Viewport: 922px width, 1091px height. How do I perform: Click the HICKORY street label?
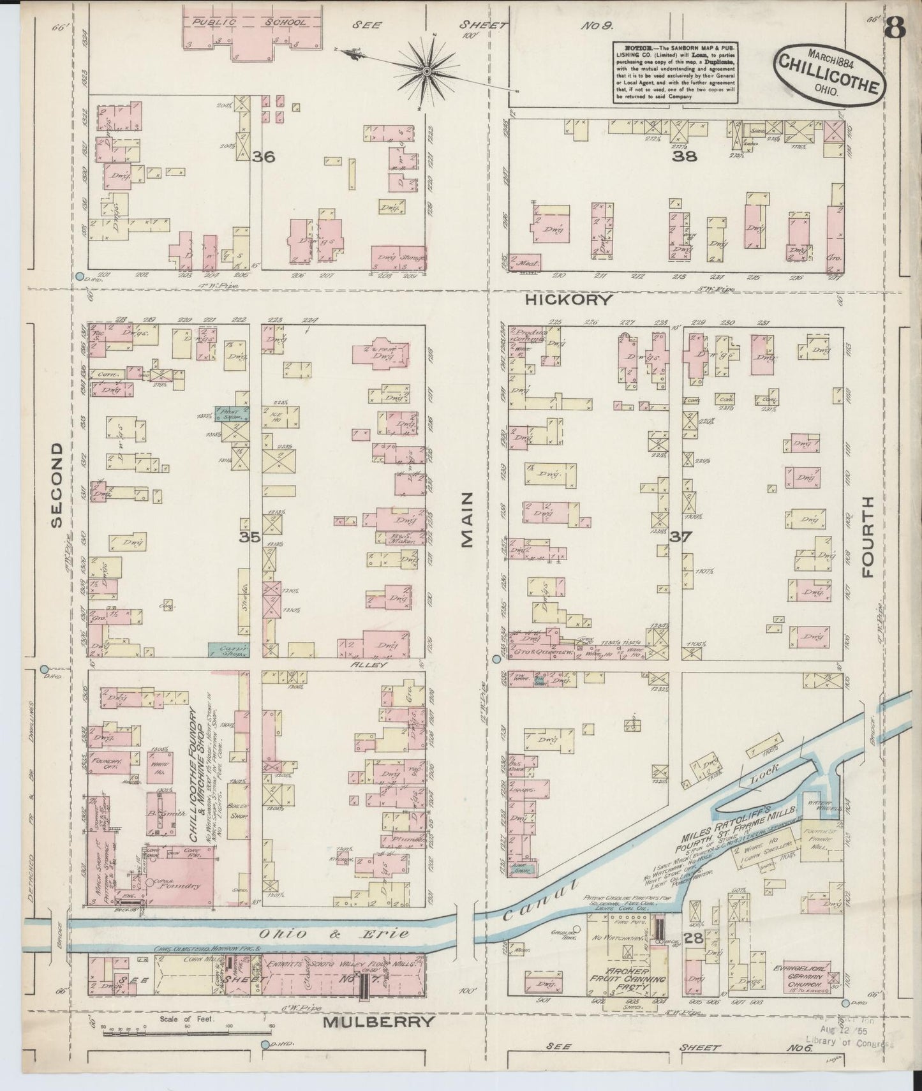pos(570,299)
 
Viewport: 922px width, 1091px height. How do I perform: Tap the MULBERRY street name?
pos(380,1021)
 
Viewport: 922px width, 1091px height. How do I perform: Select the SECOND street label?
pos(57,486)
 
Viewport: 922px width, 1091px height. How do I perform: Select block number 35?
pos(249,537)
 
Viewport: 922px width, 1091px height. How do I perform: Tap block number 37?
pos(680,537)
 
